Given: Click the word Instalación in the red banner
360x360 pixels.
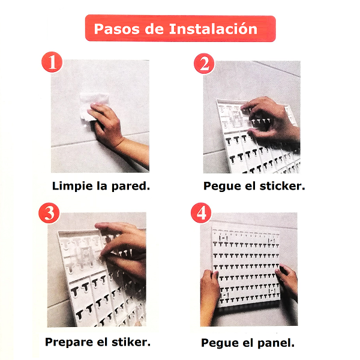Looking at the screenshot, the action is click(x=213, y=29).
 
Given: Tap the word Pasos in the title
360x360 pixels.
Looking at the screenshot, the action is click(x=116, y=29).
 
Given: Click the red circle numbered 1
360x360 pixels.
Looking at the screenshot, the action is click(x=52, y=62).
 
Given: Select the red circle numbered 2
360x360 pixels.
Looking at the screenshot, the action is click(x=204, y=64).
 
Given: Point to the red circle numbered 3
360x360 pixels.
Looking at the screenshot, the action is click(x=49, y=213).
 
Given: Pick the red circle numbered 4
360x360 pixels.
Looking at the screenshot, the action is click(x=201, y=213).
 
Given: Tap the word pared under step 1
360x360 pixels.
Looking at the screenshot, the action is click(x=130, y=187).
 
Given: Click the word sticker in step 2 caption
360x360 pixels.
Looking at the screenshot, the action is click(x=282, y=186).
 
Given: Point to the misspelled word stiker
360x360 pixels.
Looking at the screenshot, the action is click(x=131, y=342).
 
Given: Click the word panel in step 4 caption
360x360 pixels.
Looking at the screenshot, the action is click(x=276, y=343).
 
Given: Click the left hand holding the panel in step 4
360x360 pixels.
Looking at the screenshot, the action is click(x=209, y=296).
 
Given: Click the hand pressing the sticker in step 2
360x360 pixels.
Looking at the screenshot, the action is click(x=272, y=119).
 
